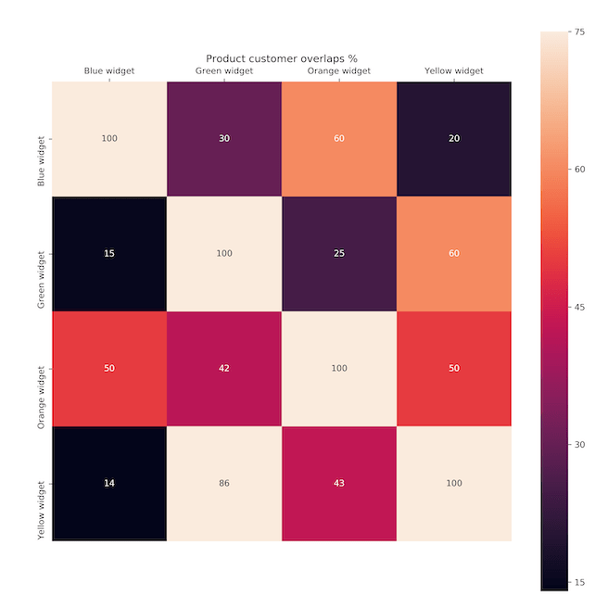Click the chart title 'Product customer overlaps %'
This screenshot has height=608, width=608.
[x=282, y=57]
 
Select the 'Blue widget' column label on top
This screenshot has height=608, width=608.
[x=109, y=70]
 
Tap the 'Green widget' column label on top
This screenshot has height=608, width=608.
[x=224, y=70]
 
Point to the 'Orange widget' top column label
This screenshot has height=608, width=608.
[x=339, y=70]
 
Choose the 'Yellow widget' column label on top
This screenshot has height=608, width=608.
[x=454, y=70]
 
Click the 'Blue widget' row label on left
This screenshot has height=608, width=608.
[x=41, y=139]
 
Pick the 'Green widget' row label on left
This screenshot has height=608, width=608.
[x=41, y=254]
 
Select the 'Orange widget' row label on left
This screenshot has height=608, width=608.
[x=41, y=369]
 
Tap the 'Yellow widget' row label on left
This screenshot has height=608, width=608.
[x=41, y=483]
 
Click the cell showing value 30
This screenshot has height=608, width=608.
[x=224, y=139]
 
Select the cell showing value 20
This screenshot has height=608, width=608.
[x=454, y=139]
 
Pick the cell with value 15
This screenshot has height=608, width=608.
[x=109, y=254]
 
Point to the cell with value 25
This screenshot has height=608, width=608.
[x=339, y=254]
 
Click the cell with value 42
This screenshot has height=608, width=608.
[x=224, y=369]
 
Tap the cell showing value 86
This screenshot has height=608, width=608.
[x=224, y=483]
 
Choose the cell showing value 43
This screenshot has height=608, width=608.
[x=339, y=483]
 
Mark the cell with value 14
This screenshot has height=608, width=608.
[x=109, y=483]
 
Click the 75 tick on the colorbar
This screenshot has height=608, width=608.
[x=579, y=32]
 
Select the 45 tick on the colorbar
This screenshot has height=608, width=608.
[x=579, y=307]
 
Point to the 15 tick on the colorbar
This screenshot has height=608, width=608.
[x=579, y=582]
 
